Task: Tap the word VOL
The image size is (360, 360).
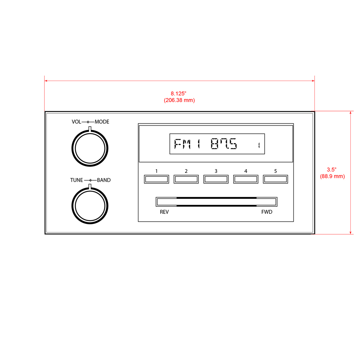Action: pyautogui.click(x=76, y=122)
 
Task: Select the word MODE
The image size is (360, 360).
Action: pyautogui.click(x=102, y=122)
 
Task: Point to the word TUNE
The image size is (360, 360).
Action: pyautogui.click(x=76, y=180)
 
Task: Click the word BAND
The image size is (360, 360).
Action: pyautogui.click(x=104, y=180)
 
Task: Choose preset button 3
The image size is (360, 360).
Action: pyautogui.click(x=216, y=179)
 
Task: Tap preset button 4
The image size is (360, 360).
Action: pyautogui.click(x=246, y=179)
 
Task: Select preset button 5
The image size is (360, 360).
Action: pyautogui.click(x=275, y=179)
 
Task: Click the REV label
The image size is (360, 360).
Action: pyautogui.click(x=164, y=212)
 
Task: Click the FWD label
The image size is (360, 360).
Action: pyautogui.click(x=267, y=212)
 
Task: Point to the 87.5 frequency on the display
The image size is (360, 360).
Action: pyautogui.click(x=224, y=144)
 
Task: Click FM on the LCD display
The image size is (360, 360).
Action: pyautogui.click(x=182, y=144)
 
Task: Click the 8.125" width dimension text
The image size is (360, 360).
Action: pyautogui.click(x=179, y=94)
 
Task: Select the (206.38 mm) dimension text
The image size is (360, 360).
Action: pyautogui.click(x=179, y=100)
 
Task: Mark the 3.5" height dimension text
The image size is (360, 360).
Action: pyautogui.click(x=332, y=169)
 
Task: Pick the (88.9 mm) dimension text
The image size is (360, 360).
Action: pyautogui.click(x=332, y=176)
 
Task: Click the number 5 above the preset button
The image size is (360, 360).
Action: pyautogui.click(x=275, y=171)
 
